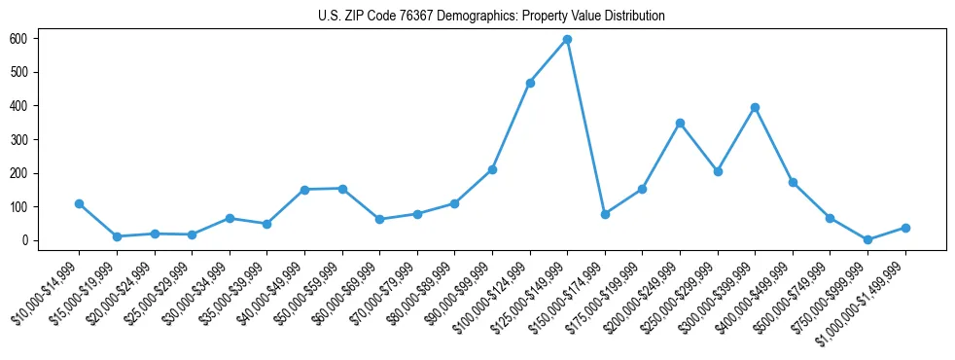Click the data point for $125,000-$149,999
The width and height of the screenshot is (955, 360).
click(x=567, y=40)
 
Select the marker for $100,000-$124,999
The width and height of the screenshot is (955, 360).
click(x=530, y=83)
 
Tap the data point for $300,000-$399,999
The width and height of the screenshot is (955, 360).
click(x=755, y=107)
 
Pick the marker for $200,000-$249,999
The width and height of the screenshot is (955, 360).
click(x=680, y=123)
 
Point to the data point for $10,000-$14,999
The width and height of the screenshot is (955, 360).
click(x=79, y=203)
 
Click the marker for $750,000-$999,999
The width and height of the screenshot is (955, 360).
click(x=867, y=239)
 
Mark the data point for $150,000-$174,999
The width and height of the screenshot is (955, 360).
click(x=605, y=214)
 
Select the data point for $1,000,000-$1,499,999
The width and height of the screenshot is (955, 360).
click(x=905, y=228)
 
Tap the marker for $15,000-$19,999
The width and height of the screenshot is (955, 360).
click(x=117, y=236)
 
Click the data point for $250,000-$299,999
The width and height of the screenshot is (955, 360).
click(x=718, y=171)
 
